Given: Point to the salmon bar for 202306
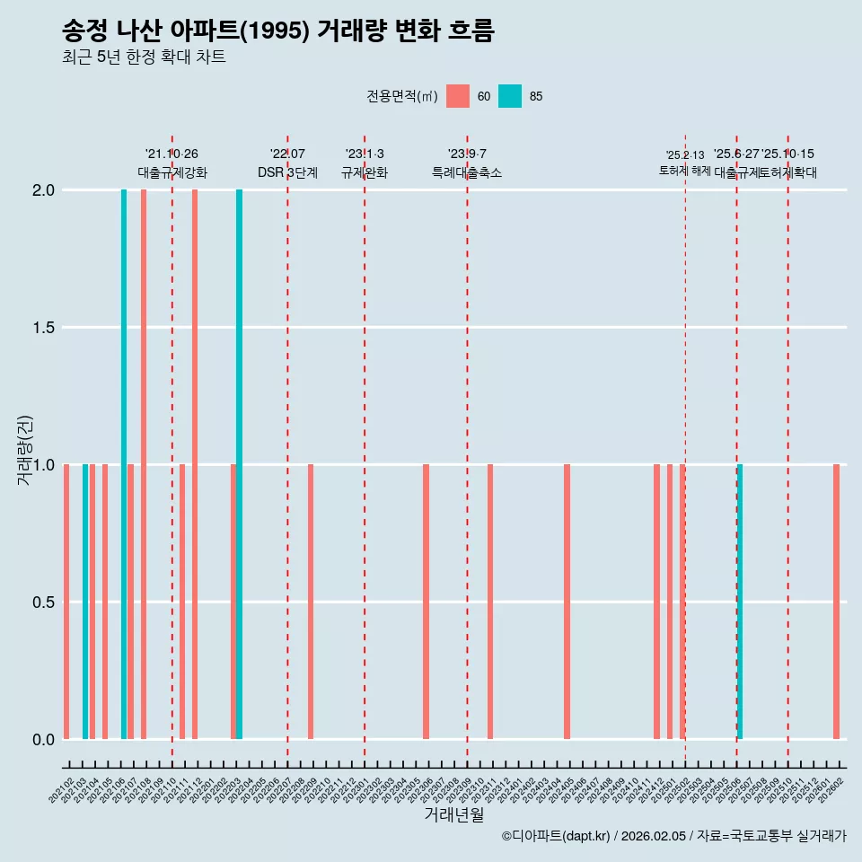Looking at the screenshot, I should [426, 602].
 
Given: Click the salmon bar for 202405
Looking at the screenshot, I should [567, 602].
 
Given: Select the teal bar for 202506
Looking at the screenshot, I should [740, 602].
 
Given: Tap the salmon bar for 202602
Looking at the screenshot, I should [836, 602].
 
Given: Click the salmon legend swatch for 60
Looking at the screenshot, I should [458, 96].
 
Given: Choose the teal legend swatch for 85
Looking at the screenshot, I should [510, 96].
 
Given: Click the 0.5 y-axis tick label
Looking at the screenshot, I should [43, 602].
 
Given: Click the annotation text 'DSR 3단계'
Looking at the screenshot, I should [287, 172].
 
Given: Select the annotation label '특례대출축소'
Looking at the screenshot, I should [467, 172].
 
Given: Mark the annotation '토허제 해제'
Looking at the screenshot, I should [685, 171].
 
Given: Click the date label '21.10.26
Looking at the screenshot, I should [172, 154].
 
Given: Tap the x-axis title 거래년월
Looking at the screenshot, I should [453, 815].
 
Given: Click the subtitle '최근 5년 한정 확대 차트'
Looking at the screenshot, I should [144, 57].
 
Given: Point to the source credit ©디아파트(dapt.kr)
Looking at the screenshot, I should [557, 836].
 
